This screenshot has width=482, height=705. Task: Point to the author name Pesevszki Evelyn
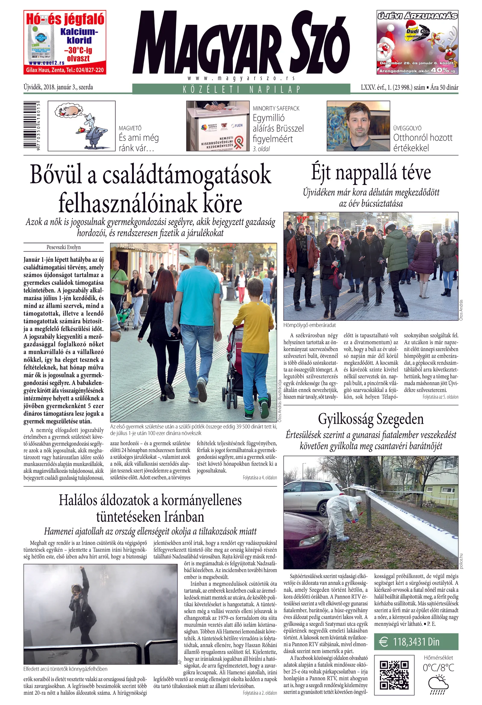64,247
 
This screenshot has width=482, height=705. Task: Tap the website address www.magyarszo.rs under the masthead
241,78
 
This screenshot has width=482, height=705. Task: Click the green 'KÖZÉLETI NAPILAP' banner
241,89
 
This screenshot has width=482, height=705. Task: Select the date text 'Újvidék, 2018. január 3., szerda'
58,87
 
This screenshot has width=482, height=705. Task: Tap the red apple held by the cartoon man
81,130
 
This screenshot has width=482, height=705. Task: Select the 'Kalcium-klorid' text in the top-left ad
79,36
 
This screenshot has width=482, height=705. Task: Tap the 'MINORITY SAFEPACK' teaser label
276,109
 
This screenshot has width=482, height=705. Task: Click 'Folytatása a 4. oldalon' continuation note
260,478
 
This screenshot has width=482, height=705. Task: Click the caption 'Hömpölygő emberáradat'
309,325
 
